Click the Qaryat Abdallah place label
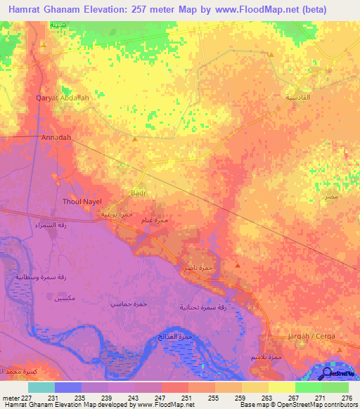pyautogui.click(x=63, y=98)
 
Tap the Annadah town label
pyautogui.click(x=56, y=138)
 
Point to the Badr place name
pyautogui.click(x=139, y=190)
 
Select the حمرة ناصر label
pyautogui.click(x=205, y=268)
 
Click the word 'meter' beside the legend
pyautogui.click(x=11, y=398)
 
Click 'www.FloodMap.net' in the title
pyautogui.click(x=280, y=8)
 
